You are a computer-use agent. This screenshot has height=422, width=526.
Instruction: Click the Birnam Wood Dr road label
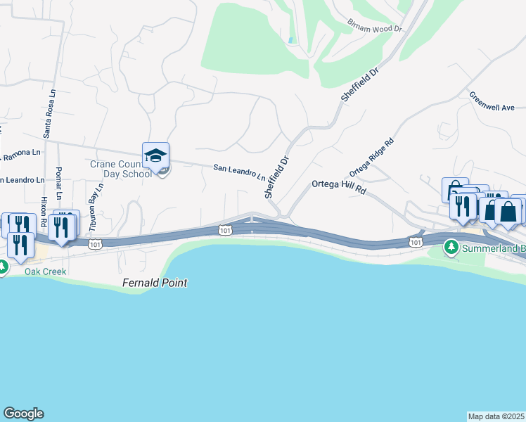click(x=374, y=26)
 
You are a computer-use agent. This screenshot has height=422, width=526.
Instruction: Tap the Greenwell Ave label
click(x=492, y=101)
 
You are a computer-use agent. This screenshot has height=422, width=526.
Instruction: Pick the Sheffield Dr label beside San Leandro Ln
click(x=276, y=176)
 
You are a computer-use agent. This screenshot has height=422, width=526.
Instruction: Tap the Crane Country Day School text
click(x=121, y=169)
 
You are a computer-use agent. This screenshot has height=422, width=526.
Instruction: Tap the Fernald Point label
click(x=153, y=283)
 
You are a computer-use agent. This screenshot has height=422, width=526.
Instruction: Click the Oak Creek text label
click(x=45, y=271)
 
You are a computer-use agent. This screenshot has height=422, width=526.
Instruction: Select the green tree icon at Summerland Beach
click(x=450, y=248)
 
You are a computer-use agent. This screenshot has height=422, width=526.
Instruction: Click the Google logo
click(x=23, y=414)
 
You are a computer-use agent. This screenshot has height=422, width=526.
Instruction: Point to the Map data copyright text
click(x=496, y=416)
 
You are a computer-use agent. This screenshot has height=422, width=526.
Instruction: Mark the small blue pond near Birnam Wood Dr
click(x=290, y=39)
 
